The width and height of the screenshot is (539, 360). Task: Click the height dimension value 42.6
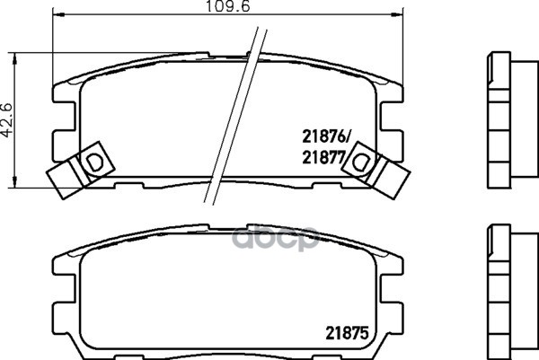tap(9, 120)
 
